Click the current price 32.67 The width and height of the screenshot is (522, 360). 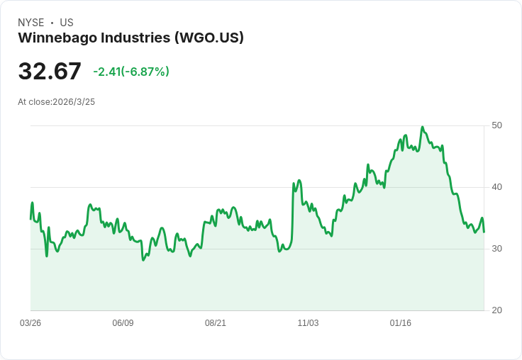coord(50,72)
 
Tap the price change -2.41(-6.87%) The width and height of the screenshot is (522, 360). coord(131,72)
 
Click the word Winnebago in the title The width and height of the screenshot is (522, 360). coord(55,38)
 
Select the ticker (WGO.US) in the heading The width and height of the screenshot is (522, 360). coord(209,38)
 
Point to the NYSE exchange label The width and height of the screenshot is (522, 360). coord(31,23)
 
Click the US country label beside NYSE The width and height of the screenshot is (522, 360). coord(67,23)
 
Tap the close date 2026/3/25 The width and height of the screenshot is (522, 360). coord(74,102)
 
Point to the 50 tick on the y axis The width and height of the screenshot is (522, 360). coord(496,125)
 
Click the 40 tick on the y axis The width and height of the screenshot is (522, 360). coord(496,187)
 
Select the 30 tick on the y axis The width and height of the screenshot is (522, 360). coord(496,249)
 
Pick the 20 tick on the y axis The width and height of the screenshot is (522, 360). coord(496,310)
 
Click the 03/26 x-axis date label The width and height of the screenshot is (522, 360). coord(30,323)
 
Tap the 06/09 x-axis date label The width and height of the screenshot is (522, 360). coord(123,323)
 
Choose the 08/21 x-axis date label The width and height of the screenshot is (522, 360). coord(216,323)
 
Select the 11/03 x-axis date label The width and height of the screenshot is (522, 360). coord(308,323)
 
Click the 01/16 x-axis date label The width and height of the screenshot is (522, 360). coord(401,323)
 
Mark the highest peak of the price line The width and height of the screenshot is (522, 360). coord(422,128)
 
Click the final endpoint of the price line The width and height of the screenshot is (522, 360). coord(484,232)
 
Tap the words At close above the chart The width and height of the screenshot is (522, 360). coord(34,102)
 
